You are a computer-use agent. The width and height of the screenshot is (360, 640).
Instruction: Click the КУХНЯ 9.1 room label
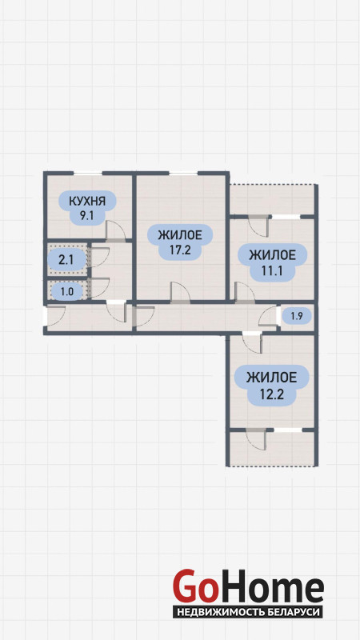tap(87, 207)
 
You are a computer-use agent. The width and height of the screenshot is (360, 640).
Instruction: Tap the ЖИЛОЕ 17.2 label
tap(180, 242)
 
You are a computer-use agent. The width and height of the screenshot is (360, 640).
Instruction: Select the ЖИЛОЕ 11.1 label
tap(272, 262)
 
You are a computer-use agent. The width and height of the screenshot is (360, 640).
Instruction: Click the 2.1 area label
tap(66, 259)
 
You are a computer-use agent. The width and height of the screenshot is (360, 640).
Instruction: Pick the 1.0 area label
tap(67, 292)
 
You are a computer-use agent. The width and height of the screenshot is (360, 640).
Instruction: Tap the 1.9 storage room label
tap(297, 315)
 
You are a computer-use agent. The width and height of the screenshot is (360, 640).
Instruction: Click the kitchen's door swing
tap(115, 230)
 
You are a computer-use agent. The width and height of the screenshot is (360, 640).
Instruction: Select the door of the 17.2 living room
tap(180, 292)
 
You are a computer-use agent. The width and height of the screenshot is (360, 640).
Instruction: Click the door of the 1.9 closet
tap(268, 316)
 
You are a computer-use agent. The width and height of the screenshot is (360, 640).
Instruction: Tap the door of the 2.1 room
tap(99, 257)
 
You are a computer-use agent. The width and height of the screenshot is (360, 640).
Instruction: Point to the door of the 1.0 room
tap(99, 288)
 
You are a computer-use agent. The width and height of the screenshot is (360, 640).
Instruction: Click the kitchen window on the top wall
tap(88, 174)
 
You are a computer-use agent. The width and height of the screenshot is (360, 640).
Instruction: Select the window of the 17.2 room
tap(183, 174)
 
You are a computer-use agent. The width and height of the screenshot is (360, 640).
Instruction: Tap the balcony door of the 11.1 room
tap(258, 226)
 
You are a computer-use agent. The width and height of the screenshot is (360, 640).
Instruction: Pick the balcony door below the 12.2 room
tap(256, 439)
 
